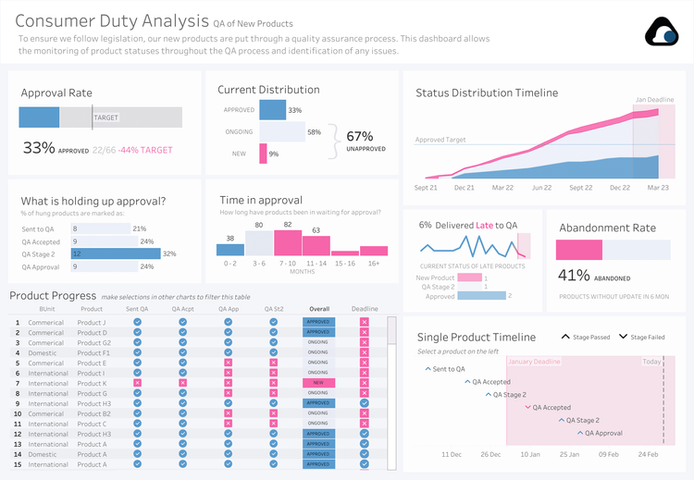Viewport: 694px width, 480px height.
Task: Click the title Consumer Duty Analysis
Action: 111,21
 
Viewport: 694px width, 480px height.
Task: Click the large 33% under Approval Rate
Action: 38,148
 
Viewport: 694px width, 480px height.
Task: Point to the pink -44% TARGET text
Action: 145,150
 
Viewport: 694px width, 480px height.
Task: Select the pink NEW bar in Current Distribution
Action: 263,154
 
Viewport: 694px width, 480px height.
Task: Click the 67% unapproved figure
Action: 360,136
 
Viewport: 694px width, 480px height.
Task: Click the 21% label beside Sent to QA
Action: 140,228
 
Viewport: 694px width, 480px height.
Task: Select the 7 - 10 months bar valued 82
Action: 288,243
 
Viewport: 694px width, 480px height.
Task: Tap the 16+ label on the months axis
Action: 373,263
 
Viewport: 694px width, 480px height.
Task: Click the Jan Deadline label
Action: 653,99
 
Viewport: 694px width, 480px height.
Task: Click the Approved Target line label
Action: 440,140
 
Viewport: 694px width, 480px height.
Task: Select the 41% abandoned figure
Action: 574,275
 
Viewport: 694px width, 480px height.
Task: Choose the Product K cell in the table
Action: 92,383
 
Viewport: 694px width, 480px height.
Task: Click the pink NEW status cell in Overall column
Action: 318,383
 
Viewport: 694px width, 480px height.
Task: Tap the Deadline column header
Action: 365,309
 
